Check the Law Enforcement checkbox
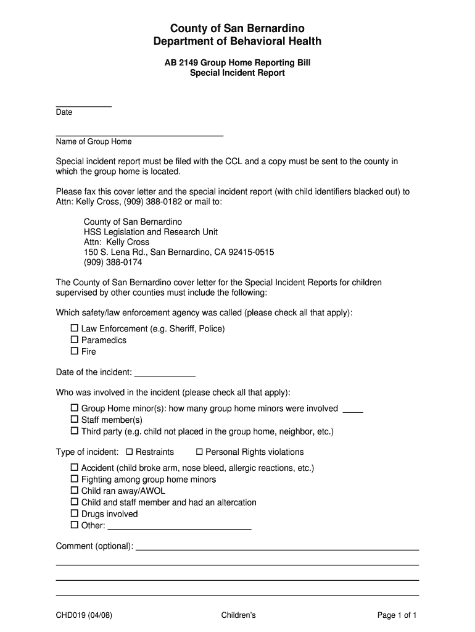75,328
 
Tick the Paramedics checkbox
75,339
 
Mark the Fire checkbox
75,351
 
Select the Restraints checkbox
130,452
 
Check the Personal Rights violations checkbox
199,452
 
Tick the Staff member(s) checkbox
75,420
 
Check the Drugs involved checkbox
75,513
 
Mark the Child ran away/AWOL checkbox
75,491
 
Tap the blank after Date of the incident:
165,374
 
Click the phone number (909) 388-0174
113,262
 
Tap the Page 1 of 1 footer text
397,615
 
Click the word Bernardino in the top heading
271,28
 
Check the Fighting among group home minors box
75,480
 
